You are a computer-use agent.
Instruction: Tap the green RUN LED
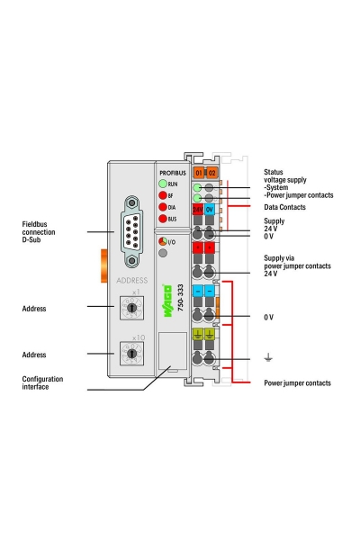tap(163, 183)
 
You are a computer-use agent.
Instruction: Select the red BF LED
tap(163, 194)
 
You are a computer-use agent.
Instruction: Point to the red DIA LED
tap(163, 206)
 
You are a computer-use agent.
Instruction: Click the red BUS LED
tap(163, 218)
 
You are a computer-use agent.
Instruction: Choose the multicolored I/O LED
tap(162, 241)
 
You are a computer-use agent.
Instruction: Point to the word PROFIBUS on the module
tap(172, 171)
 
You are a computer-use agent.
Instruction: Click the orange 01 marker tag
tap(199, 171)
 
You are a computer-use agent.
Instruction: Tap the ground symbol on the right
tap(267, 358)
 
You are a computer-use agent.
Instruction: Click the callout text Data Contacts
tap(284, 207)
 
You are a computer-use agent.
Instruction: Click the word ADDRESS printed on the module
tap(132, 281)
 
